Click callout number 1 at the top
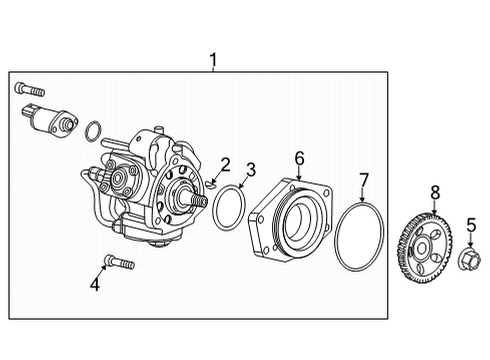click(x=213, y=62)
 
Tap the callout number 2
click(x=226, y=164)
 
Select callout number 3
click(x=251, y=169)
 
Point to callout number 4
click(x=95, y=285)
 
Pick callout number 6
click(x=298, y=158)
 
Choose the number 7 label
click(x=364, y=180)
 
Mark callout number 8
click(x=434, y=192)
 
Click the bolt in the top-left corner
click(x=27, y=89)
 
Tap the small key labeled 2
click(x=214, y=183)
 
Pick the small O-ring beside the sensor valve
click(x=92, y=130)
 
